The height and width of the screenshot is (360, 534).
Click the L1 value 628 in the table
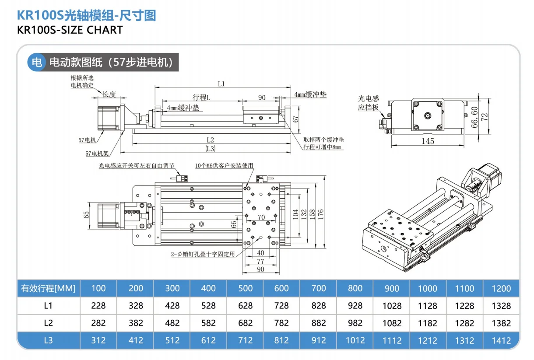pos(245,306)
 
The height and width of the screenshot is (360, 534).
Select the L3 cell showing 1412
pos(501,340)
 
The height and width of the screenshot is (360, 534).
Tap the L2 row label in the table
pos(49,323)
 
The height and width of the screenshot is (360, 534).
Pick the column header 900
pos(391,288)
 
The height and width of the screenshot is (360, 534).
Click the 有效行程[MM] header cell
pos(49,288)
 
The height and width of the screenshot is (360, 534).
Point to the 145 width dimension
pos(428,141)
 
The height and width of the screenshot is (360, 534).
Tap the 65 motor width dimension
pos(86,214)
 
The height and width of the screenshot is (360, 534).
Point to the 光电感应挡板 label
pos(368,103)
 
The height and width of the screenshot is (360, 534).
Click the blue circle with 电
pos(36,62)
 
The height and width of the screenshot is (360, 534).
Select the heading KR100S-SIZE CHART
pos(70,30)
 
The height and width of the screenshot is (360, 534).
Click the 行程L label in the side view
pos(201,98)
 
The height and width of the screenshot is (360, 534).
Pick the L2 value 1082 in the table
pos(391,323)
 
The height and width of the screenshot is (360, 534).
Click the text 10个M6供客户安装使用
pos(224,165)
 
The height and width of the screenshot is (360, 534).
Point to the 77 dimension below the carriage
pos(260,261)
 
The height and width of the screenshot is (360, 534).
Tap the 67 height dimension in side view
pos(295,119)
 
